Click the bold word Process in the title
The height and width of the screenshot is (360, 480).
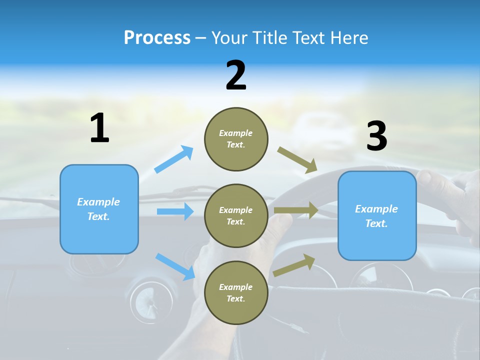click(157, 38)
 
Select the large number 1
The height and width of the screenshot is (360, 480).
click(99, 128)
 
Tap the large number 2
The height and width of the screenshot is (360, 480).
click(236, 75)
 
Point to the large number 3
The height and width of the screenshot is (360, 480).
click(376, 136)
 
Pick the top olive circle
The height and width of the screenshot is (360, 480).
click(236, 139)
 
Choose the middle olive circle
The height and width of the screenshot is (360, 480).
click(236, 215)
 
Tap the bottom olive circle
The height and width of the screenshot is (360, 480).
click(236, 292)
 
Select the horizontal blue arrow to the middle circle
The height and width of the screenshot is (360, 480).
click(175, 211)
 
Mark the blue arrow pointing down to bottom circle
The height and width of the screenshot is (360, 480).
click(175, 266)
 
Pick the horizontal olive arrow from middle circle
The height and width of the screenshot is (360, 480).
click(296, 210)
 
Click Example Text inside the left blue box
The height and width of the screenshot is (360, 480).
click(98, 209)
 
